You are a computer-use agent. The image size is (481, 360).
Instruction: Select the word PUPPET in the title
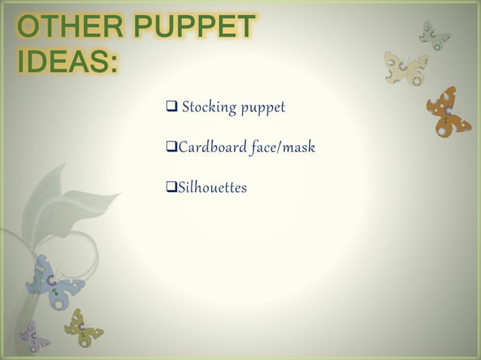pos(195,28)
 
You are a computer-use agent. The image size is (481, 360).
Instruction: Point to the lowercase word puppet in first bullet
pos(263,108)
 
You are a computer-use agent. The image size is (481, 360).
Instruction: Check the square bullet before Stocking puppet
pos(170,108)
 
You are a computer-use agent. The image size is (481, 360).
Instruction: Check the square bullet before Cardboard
pos(170,147)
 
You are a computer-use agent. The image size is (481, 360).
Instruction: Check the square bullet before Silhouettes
pos(170,185)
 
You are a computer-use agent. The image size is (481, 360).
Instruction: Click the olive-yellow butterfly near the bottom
pos(83,328)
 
